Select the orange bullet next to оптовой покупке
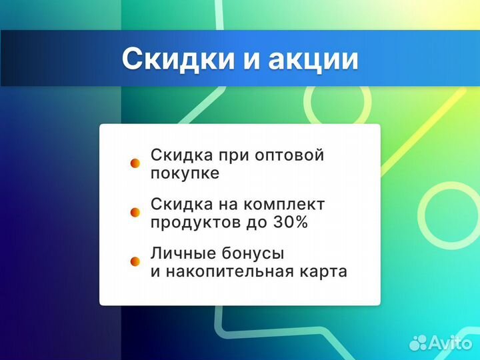point(135,163)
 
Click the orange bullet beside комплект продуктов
point(135,212)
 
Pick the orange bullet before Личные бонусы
point(135,262)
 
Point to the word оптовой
point(290,155)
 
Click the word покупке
point(185,173)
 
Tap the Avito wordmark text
point(451,343)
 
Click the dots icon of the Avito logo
point(418,343)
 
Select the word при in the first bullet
point(233,155)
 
